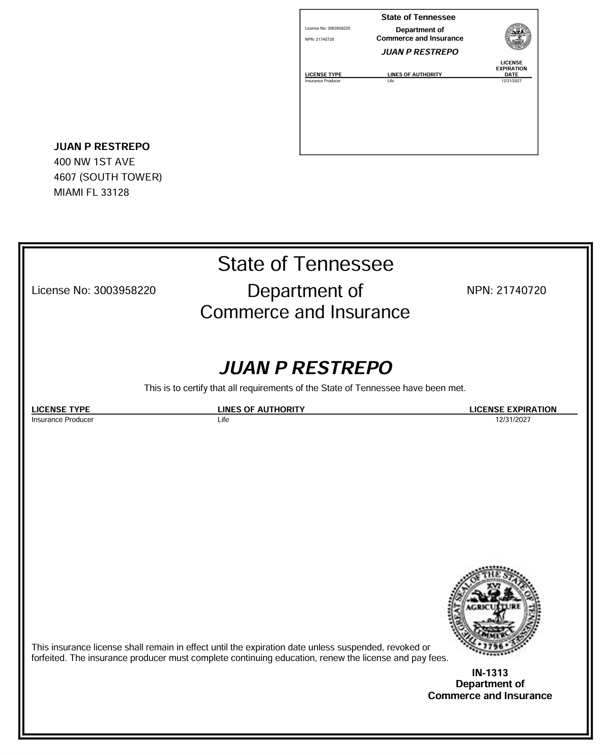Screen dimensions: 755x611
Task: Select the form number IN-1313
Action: click(x=490, y=673)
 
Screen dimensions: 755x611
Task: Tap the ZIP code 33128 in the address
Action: click(x=115, y=192)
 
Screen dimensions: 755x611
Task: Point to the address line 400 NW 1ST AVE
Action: click(x=94, y=162)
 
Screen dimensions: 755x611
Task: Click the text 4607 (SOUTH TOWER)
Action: click(x=108, y=177)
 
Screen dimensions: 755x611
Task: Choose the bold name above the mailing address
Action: click(x=102, y=147)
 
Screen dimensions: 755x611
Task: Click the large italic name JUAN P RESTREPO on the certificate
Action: click(x=305, y=368)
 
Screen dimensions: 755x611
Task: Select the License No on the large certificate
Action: click(x=94, y=291)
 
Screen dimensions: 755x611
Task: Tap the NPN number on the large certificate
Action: click(x=506, y=291)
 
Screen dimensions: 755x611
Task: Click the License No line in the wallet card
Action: click(x=328, y=28)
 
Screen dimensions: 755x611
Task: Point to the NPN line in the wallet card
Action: click(x=319, y=39)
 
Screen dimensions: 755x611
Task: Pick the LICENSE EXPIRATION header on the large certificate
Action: click(x=513, y=409)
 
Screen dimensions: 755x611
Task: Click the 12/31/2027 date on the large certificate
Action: click(x=513, y=420)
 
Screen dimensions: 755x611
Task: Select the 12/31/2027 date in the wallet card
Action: click(x=511, y=81)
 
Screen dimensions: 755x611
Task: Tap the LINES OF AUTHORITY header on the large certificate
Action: click(x=261, y=409)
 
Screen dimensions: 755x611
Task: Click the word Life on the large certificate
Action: click(x=223, y=420)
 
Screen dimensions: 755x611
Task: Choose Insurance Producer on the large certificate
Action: click(x=63, y=420)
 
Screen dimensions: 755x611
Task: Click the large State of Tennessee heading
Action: click(x=305, y=264)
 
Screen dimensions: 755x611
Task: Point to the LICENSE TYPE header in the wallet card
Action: click(x=323, y=75)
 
